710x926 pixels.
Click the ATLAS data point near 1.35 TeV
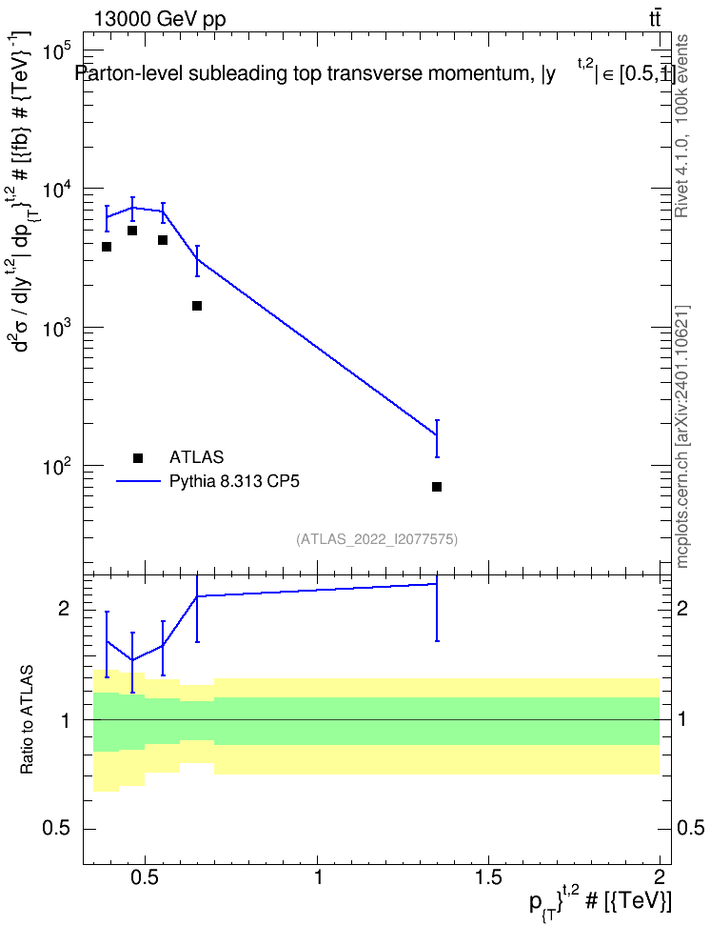click(437, 487)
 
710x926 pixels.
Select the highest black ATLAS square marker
click(132, 231)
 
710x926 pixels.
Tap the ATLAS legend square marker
click(138, 457)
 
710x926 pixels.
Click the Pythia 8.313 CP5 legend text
click(234, 481)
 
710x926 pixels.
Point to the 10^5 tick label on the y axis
click(57, 51)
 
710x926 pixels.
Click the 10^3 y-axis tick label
click(57, 329)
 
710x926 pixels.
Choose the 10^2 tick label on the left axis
click(57, 467)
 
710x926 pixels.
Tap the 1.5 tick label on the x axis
click(488, 876)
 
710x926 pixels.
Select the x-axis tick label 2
click(660, 876)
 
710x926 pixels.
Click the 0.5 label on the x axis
click(145, 876)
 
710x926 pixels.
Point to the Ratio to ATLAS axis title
click(27, 720)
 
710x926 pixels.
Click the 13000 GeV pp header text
click(159, 19)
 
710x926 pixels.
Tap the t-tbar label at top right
click(655, 18)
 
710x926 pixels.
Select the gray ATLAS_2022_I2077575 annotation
click(377, 538)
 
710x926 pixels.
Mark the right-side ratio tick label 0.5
click(690, 828)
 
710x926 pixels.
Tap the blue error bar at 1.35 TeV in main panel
click(437, 438)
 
